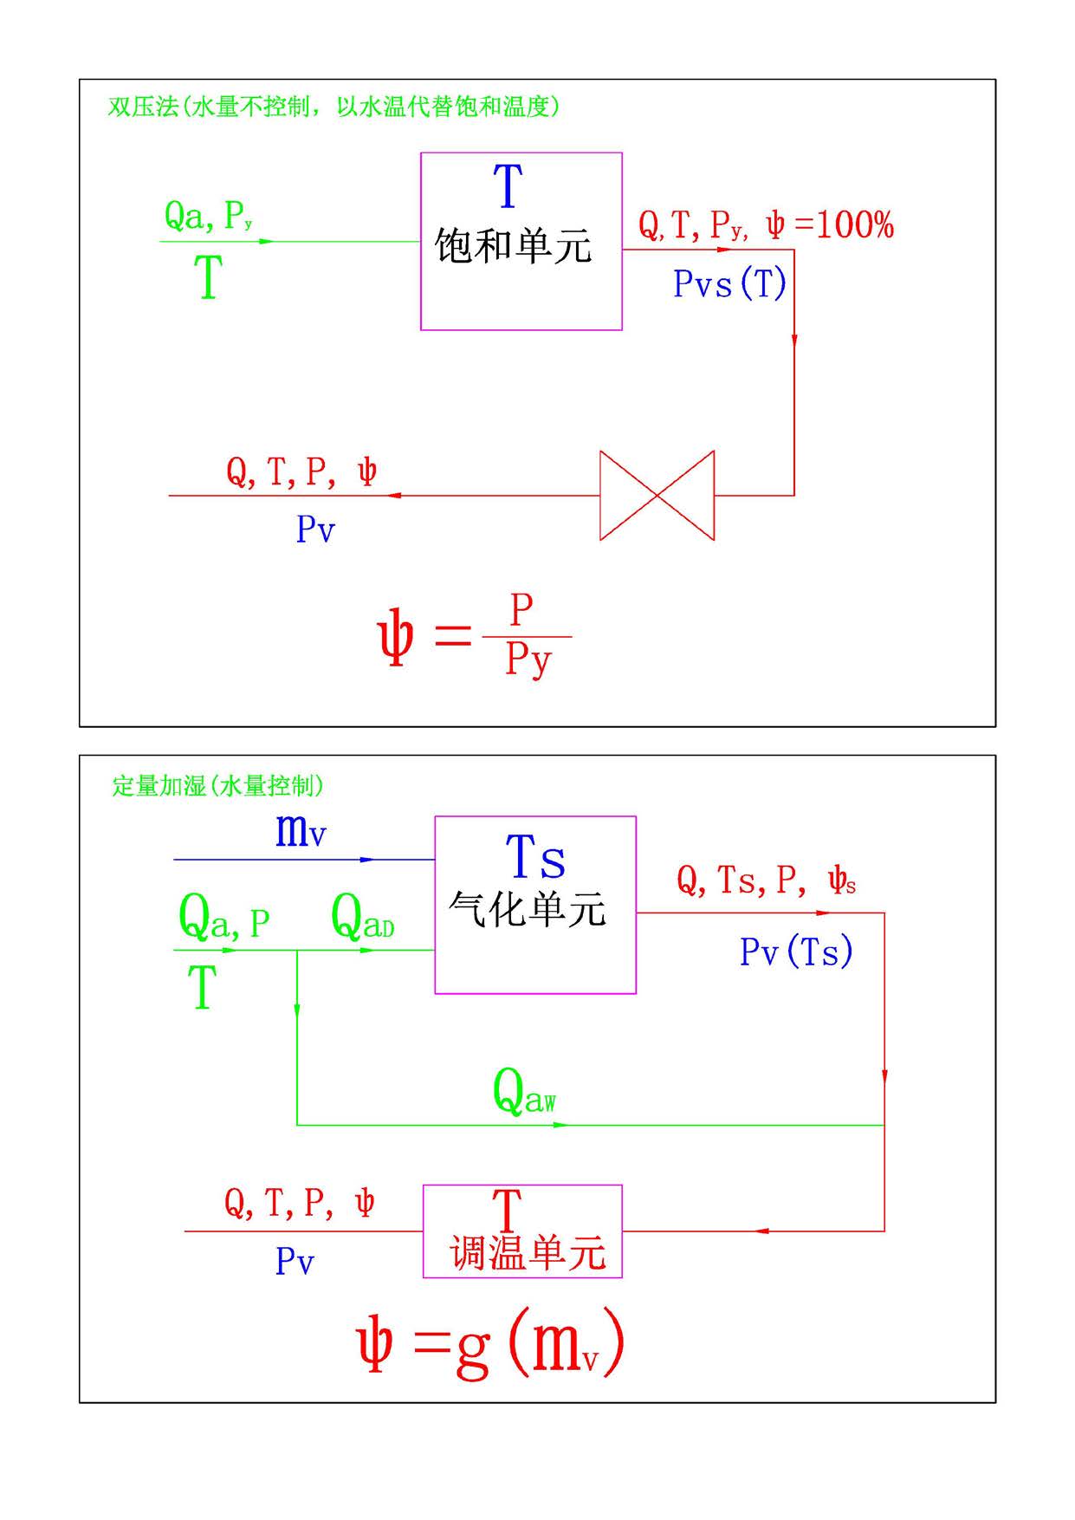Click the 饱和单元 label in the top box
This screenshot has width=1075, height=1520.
(513, 246)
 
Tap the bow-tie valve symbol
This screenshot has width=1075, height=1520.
(657, 496)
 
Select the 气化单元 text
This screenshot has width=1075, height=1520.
(527, 910)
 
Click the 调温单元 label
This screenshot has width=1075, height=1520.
(528, 1254)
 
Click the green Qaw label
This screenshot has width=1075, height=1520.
(524, 1092)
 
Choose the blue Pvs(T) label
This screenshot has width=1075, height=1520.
(729, 283)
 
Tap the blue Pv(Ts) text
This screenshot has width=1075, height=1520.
(796, 952)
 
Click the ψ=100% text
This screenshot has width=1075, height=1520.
(829, 225)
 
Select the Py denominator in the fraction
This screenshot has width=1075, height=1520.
(528, 660)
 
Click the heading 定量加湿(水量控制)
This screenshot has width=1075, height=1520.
(217, 786)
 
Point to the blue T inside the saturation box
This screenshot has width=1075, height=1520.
(508, 185)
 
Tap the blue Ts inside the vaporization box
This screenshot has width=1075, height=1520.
(535, 857)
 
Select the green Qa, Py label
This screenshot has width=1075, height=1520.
(208, 216)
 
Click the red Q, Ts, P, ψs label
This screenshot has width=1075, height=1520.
(766, 880)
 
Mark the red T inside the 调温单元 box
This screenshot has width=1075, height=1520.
(508, 1207)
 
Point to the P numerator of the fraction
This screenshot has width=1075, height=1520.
(521, 610)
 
